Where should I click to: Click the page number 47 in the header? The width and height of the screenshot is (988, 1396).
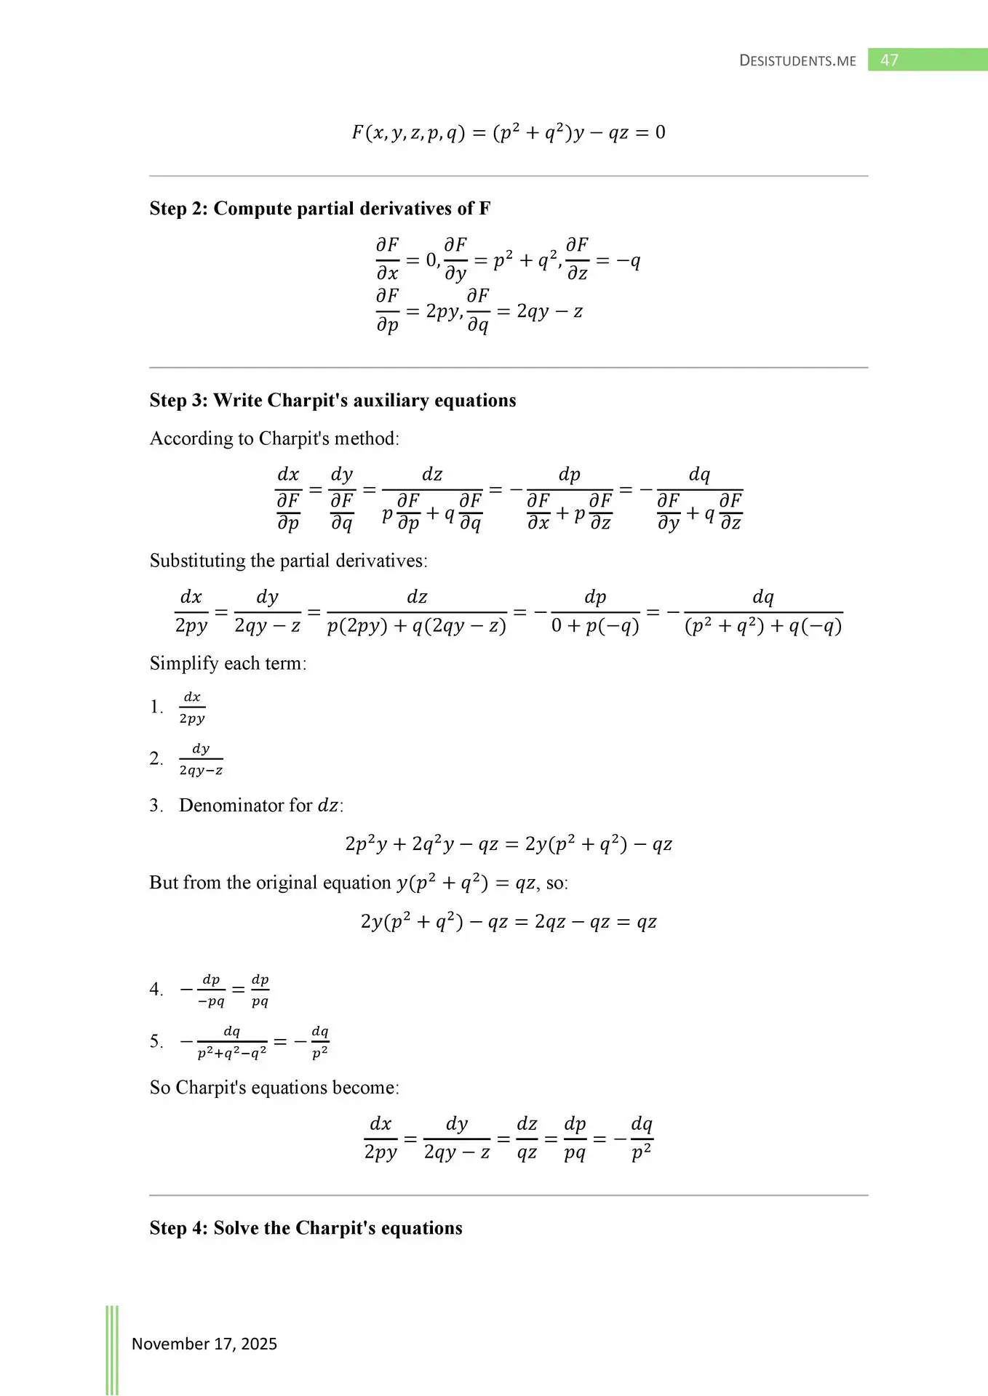pyautogui.click(x=889, y=60)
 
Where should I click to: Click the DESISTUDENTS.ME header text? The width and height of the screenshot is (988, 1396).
pyautogui.click(x=797, y=61)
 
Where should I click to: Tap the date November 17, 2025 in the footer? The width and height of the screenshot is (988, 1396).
pyautogui.click(x=204, y=1344)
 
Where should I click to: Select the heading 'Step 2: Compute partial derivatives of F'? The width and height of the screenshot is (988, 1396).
pyautogui.click(x=320, y=209)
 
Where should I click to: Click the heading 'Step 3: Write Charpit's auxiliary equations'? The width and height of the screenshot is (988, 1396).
pyautogui.click(x=332, y=401)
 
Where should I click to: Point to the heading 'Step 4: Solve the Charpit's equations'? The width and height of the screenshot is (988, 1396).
pyautogui.click(x=306, y=1228)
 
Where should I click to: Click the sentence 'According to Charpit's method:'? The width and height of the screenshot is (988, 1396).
pyautogui.click(x=274, y=438)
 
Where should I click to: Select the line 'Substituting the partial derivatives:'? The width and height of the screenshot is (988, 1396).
pyautogui.click(x=288, y=561)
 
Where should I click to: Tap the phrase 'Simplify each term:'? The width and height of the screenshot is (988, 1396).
pyautogui.click(x=228, y=663)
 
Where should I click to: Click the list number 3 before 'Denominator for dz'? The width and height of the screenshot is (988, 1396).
pyautogui.click(x=155, y=806)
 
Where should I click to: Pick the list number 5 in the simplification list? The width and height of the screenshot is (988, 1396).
pyautogui.click(x=155, y=1041)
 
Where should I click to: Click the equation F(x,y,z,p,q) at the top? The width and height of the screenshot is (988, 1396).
pyautogui.click(x=508, y=132)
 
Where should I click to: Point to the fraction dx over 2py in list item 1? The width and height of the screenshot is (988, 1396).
pyautogui.click(x=192, y=707)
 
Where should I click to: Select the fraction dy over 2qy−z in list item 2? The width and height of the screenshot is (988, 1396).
pyautogui.click(x=201, y=759)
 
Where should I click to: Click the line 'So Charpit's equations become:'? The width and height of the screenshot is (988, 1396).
pyautogui.click(x=274, y=1088)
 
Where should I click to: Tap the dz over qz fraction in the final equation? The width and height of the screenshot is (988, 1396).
pyautogui.click(x=527, y=1138)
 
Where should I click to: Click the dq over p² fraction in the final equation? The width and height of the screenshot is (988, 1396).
pyautogui.click(x=641, y=1138)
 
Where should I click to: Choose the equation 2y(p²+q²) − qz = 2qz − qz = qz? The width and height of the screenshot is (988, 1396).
pyautogui.click(x=508, y=922)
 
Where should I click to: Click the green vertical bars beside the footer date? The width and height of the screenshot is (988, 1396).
pyautogui.click(x=112, y=1349)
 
